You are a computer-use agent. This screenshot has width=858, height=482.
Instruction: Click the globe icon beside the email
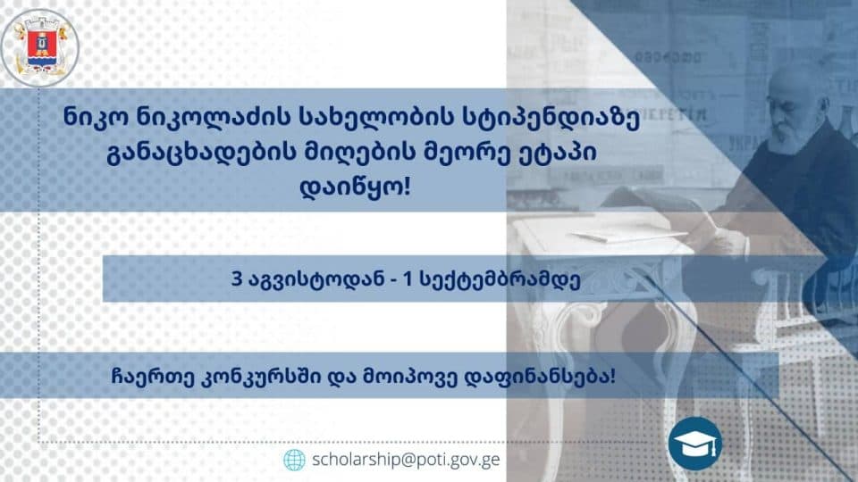pos(294,460)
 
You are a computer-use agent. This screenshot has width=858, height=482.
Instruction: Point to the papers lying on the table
pos(617,236)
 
